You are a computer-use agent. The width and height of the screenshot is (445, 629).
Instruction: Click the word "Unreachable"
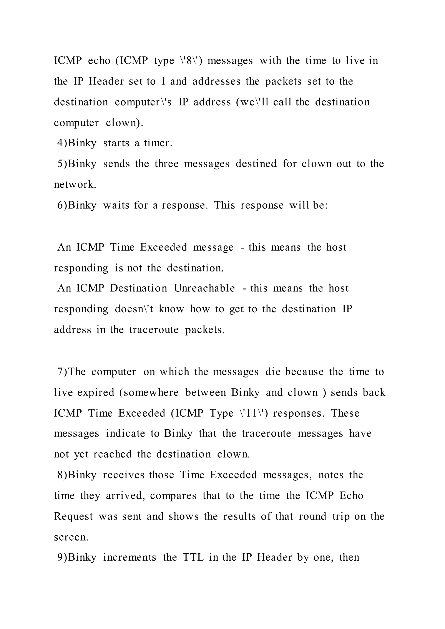point(204,288)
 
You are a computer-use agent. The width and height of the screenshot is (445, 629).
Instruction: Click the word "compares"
point(173,496)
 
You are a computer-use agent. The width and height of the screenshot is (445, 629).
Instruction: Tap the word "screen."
point(71,537)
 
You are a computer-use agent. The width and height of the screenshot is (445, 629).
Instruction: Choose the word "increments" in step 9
point(130,558)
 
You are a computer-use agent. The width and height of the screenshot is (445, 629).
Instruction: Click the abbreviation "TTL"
point(193,558)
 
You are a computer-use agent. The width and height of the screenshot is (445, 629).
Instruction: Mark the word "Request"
point(73,517)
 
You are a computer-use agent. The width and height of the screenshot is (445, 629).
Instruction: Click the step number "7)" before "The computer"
point(63,372)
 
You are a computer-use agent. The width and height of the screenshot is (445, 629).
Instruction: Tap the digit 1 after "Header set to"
point(163,81)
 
